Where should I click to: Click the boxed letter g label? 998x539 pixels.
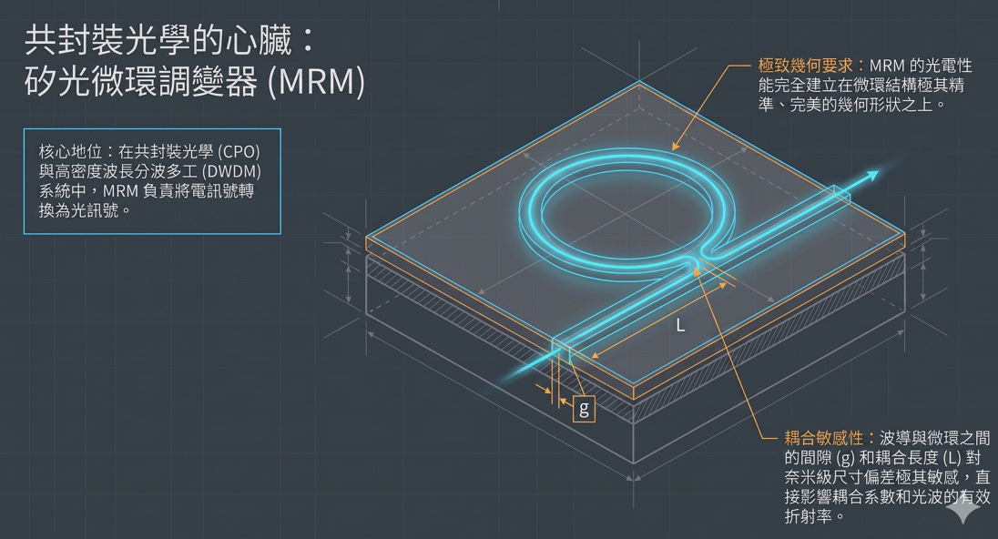point(584,409)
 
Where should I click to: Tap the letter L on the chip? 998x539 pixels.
point(680,326)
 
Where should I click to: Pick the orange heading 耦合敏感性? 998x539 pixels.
point(823,439)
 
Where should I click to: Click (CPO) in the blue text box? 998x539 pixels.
point(239,152)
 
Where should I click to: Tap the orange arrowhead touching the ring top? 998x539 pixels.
point(677,146)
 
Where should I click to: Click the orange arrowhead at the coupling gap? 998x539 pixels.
point(697,271)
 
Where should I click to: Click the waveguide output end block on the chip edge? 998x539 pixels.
point(841,194)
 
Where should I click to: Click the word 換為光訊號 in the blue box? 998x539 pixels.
point(78,210)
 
